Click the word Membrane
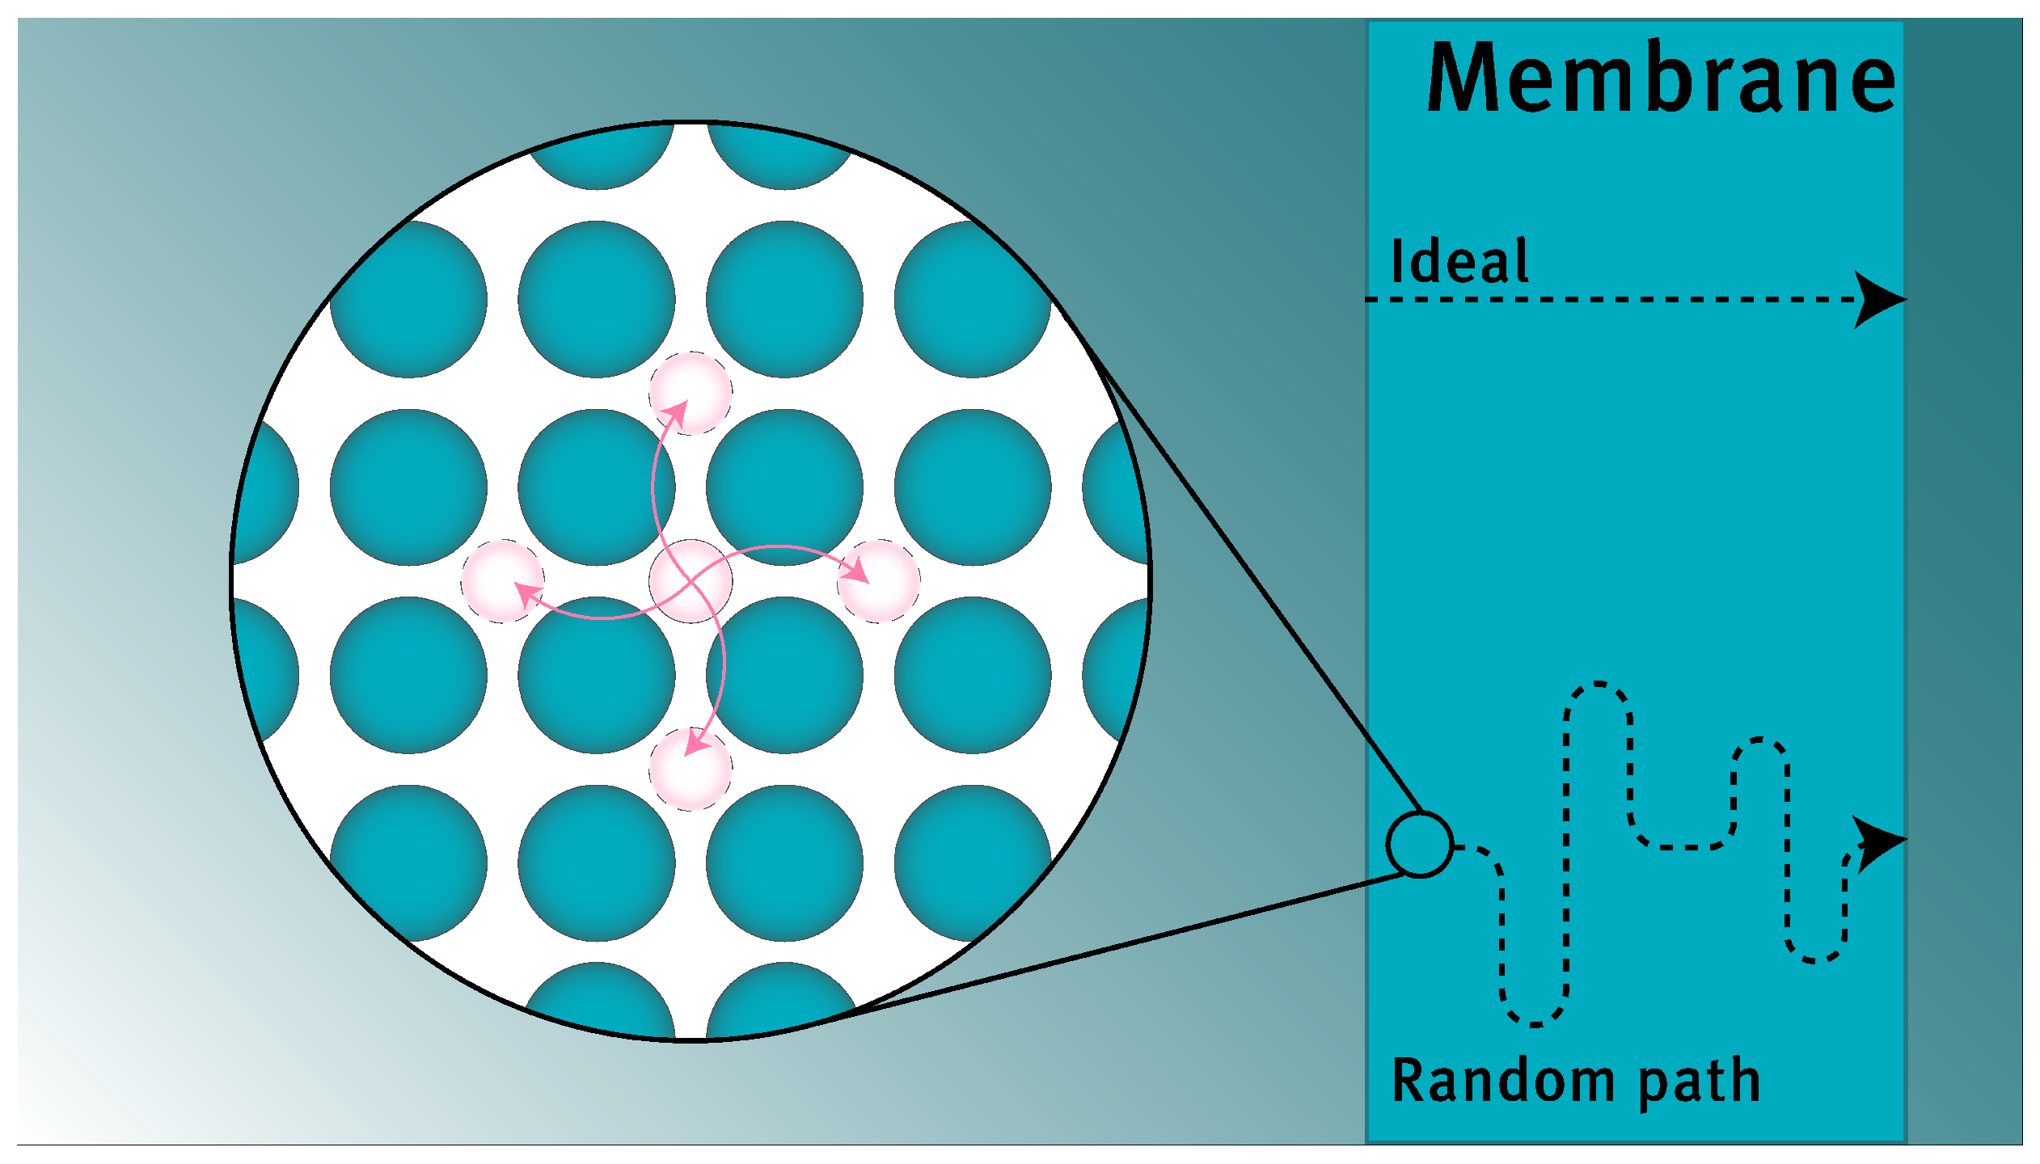point(1661,78)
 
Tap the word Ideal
point(1459,261)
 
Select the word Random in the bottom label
point(1502,1082)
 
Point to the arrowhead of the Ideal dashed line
point(1880,300)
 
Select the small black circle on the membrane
point(1420,844)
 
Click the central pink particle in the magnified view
point(691,580)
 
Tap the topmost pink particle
point(691,393)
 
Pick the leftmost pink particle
point(503,580)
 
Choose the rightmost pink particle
point(878,580)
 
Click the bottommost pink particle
point(691,769)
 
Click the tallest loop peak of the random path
point(1598,685)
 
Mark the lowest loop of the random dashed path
point(1535,1023)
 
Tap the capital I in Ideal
point(1396,261)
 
